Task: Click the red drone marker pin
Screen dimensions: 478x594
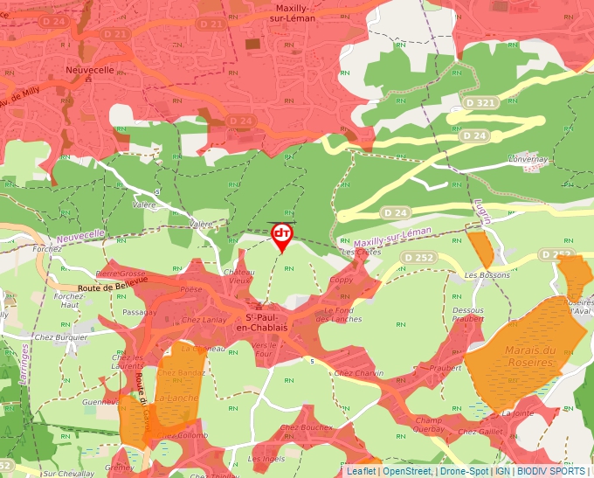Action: [282, 235]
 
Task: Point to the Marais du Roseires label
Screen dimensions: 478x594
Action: [530, 357]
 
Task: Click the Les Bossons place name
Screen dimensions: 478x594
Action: [487, 275]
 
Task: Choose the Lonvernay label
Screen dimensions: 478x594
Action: [528, 160]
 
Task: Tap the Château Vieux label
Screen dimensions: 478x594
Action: [240, 276]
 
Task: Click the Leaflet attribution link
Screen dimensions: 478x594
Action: [363, 471]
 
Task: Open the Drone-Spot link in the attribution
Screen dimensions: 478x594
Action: [464, 471]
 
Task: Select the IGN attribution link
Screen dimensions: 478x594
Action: [503, 471]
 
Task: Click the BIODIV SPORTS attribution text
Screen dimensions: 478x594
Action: [550, 471]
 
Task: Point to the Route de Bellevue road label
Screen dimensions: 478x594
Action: [113, 281]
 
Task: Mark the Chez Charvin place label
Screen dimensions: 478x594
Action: [358, 373]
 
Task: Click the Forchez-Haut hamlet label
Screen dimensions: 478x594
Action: [68, 300]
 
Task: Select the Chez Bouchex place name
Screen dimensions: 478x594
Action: [306, 426]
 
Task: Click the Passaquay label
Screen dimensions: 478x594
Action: [140, 311]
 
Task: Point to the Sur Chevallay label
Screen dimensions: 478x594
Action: [68, 473]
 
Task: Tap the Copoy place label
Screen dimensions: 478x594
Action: [342, 281]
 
